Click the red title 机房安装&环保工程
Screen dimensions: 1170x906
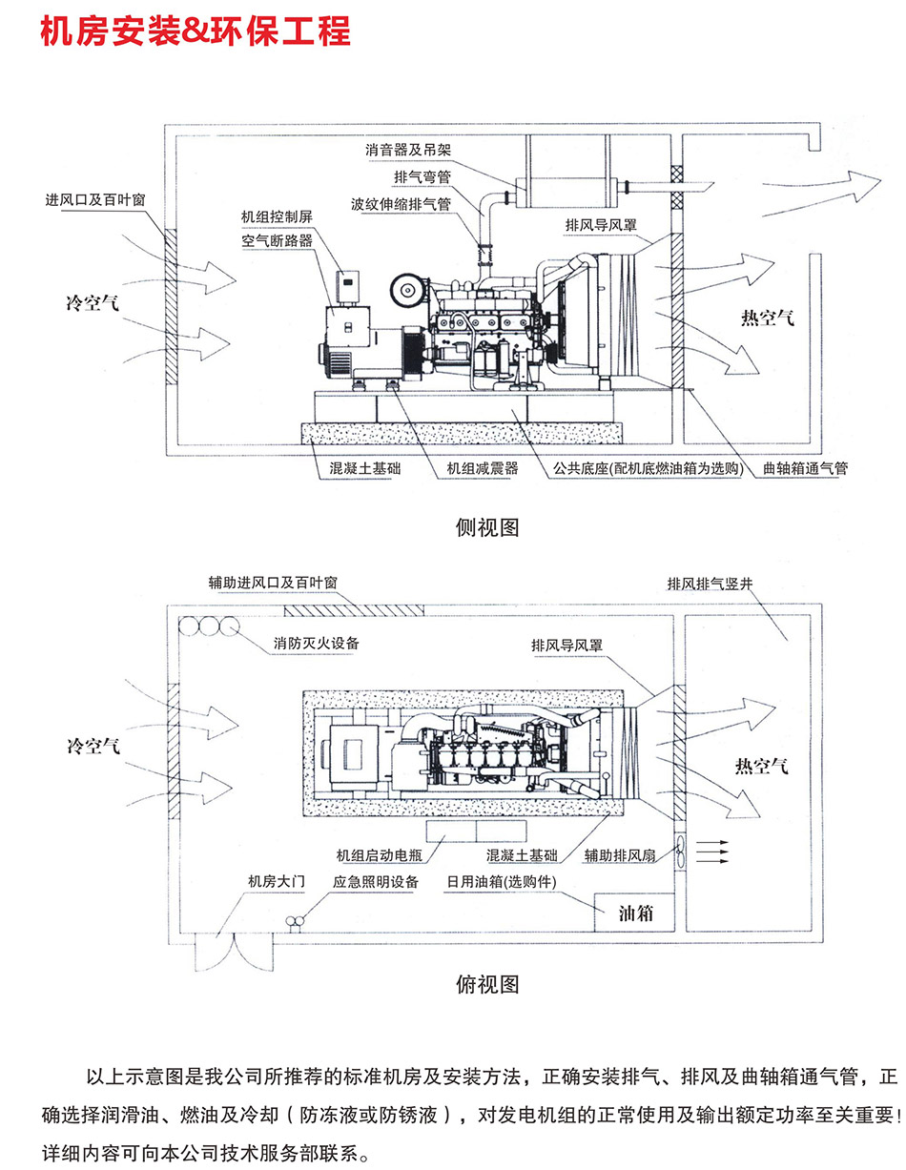[196, 31]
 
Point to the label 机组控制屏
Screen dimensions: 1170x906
[277, 217]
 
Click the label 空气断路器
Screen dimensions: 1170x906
[277, 240]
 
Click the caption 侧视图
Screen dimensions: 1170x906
[488, 527]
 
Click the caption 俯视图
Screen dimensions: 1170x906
[488, 983]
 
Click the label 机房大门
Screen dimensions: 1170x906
[276, 882]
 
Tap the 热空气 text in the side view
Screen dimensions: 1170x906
[767, 318]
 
